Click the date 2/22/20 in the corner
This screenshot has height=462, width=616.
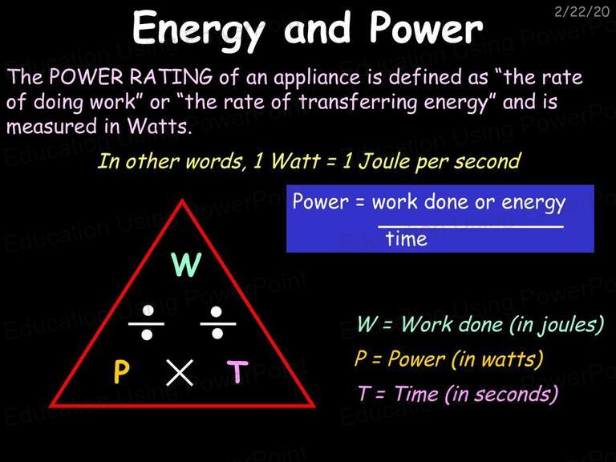(582, 11)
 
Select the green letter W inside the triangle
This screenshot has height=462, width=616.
(187, 265)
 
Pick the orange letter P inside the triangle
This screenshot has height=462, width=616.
(121, 371)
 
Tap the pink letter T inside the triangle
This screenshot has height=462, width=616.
(237, 371)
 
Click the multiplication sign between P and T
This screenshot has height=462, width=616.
(180, 372)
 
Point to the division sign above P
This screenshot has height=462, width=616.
(147, 323)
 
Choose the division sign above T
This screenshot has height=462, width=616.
(217, 323)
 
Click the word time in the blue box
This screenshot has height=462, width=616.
(406, 238)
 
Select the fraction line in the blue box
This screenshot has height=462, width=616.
(471, 226)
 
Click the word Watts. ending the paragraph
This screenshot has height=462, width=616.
(160, 127)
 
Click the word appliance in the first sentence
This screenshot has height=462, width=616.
(317, 78)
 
